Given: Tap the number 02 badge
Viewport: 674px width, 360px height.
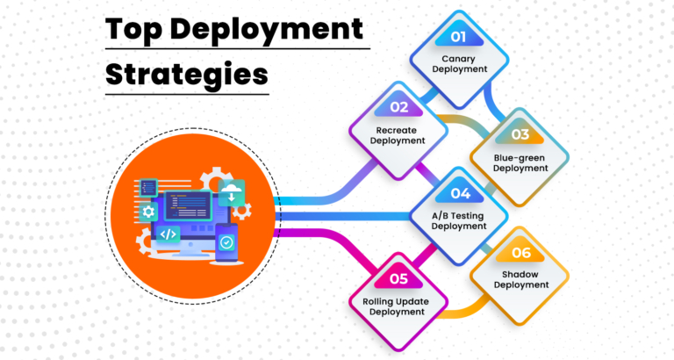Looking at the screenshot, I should pyautogui.click(x=399, y=107).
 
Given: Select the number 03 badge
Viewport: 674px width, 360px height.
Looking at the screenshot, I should pyautogui.click(x=520, y=134).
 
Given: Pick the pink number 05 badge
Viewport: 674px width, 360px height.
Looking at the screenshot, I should pyautogui.click(x=399, y=280).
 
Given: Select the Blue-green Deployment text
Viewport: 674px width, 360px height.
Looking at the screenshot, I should pyautogui.click(x=520, y=162).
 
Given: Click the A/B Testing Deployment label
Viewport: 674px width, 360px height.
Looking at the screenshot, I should pyautogui.click(x=460, y=220).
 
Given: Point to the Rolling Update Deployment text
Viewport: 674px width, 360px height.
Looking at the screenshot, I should pyautogui.click(x=399, y=306).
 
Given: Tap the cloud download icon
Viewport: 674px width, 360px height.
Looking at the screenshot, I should pyautogui.click(x=233, y=191).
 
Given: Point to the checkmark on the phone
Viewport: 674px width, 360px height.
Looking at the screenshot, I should pyautogui.click(x=226, y=241).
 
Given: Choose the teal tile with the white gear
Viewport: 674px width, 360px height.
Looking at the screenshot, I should pyautogui.click(x=148, y=211).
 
